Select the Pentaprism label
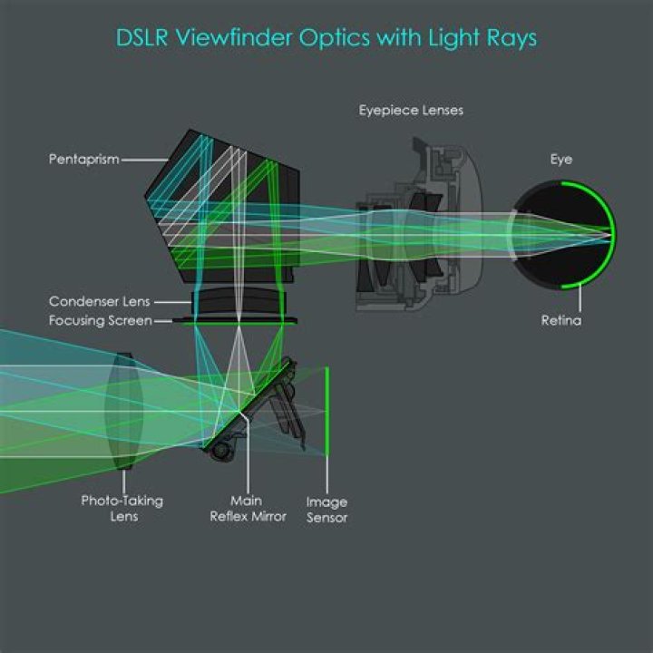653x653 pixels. point(83,160)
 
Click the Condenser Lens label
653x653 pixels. point(100,301)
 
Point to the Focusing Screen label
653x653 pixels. point(100,320)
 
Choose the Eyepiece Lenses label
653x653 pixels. point(411,110)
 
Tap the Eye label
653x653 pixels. point(561,159)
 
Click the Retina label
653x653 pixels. point(561,320)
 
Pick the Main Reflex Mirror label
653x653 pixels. point(248,508)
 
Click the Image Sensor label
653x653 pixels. point(326,509)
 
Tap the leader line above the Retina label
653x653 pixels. point(561,298)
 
